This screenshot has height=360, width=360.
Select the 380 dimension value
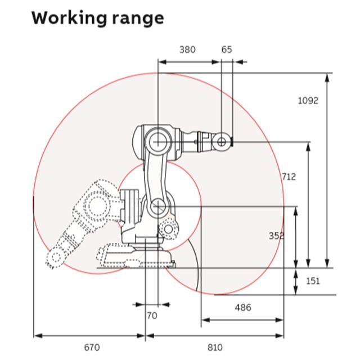(187, 49)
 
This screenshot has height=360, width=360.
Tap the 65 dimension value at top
(227, 49)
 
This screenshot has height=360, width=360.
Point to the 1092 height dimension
(308, 101)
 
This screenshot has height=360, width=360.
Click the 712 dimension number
(289, 177)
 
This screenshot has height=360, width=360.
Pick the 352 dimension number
(276, 236)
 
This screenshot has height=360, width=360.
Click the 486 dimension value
(243, 308)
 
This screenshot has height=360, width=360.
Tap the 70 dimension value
(152, 316)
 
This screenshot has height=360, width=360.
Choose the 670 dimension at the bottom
(91, 346)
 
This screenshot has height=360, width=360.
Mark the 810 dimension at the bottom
(214, 346)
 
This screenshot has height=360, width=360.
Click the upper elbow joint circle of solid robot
(158, 138)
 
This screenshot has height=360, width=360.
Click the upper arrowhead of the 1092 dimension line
(328, 75)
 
